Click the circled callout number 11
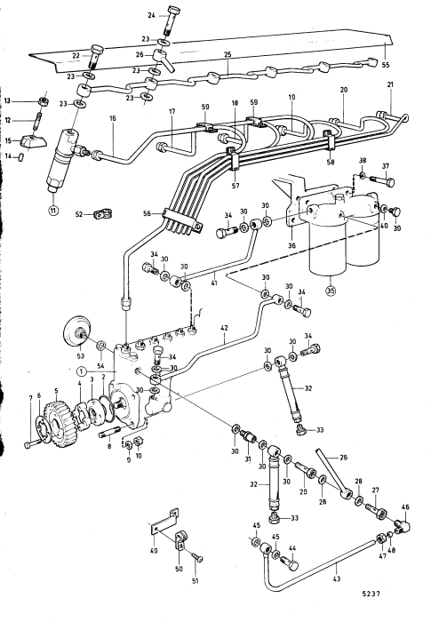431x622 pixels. (52, 210)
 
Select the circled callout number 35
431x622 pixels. (331, 291)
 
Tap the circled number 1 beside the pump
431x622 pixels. (82, 371)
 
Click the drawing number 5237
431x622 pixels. (371, 594)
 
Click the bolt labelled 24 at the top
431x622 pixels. (172, 22)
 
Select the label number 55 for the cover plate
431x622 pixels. (386, 64)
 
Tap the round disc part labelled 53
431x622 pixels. (78, 331)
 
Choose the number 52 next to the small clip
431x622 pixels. (79, 214)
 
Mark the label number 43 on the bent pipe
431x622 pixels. (337, 578)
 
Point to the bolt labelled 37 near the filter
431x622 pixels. (383, 181)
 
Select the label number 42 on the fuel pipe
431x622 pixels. (225, 329)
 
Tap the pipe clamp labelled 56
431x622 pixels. (183, 219)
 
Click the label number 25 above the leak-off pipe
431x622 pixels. (227, 54)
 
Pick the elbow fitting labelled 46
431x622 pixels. (403, 525)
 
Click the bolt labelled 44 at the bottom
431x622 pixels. (290, 562)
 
